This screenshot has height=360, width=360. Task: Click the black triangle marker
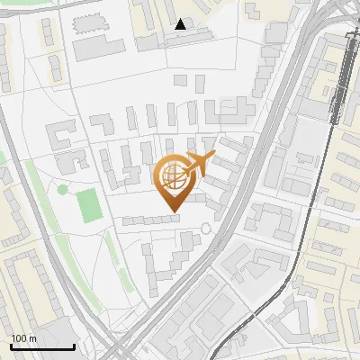tap(181, 24)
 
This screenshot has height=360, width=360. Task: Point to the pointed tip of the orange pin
tap(171, 212)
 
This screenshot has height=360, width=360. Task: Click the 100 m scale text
tap(23, 338)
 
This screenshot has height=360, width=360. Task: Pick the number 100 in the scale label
tap(19, 338)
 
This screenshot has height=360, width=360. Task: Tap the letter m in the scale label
tap(32, 338)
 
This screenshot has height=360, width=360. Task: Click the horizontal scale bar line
tap(41, 346)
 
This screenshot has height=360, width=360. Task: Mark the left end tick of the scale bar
tap(11, 345)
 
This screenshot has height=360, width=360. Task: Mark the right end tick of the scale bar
tap(73, 345)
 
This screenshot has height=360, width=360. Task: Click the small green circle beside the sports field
tap(62, 189)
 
